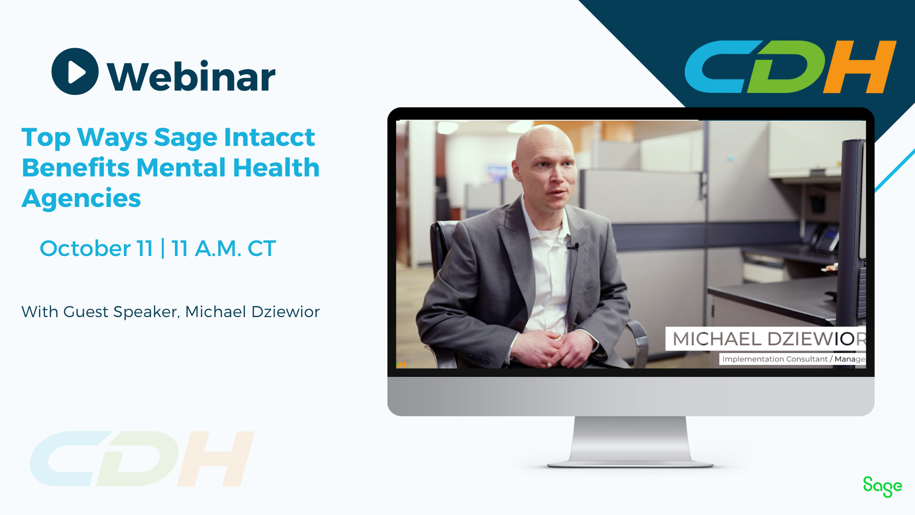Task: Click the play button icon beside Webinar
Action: pyautogui.click(x=75, y=72)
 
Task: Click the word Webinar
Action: pyautogui.click(x=191, y=76)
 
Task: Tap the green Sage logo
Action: pyautogui.click(x=883, y=486)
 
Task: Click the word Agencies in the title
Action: pyautogui.click(x=81, y=198)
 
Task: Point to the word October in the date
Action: pyautogui.click(x=85, y=248)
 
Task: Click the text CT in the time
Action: pyautogui.click(x=262, y=248)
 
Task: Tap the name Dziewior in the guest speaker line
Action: pyautogui.click(x=285, y=312)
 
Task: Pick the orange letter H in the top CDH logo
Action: pyautogui.click(x=860, y=67)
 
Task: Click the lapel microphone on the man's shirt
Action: pyautogui.click(x=575, y=247)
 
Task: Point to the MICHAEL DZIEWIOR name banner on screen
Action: pyautogui.click(x=765, y=339)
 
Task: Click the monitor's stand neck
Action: pyautogui.click(x=630, y=439)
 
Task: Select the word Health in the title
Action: pyautogui.click(x=276, y=168)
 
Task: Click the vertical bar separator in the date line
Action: pyautogui.click(x=163, y=248)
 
